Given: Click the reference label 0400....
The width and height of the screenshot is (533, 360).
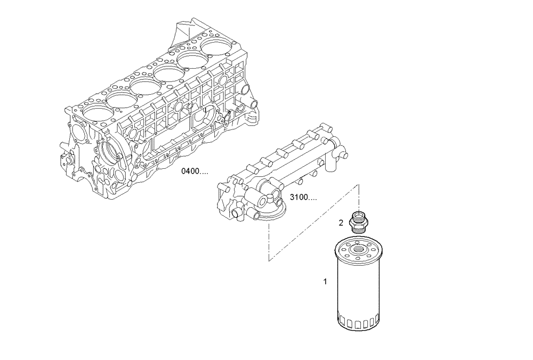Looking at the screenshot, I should [195, 171].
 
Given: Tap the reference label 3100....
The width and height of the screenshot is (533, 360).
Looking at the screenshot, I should [303, 198].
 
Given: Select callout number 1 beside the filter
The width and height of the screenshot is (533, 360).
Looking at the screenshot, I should [325, 281].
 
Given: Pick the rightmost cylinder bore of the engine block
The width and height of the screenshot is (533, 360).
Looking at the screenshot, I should [217, 47].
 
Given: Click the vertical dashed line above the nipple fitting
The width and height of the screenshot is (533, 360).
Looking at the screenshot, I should [359, 197].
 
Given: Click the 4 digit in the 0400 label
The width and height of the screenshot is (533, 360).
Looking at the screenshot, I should [188, 171].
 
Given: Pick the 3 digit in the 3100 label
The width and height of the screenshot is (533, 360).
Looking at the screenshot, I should [293, 198].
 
